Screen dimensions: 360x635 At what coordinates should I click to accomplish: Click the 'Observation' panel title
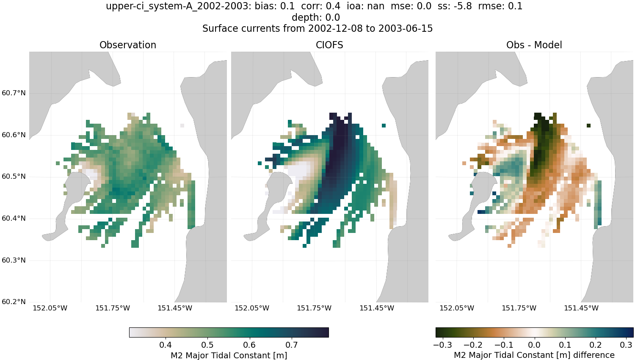point(128,45)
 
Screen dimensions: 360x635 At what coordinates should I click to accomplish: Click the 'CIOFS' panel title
point(329,45)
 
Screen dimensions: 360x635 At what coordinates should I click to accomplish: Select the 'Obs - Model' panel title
point(534,45)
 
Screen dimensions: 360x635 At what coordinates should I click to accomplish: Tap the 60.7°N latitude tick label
point(14,93)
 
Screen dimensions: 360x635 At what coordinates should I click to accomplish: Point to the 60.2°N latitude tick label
point(14,302)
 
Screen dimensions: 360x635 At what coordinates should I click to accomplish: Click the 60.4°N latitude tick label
point(14,218)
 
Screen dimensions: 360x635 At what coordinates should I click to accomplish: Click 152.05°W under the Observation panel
point(50,308)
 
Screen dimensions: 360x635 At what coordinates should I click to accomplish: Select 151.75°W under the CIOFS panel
point(314,308)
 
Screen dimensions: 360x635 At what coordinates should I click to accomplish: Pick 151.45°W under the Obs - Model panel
point(581,308)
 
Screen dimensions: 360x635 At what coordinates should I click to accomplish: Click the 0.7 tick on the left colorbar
point(292,345)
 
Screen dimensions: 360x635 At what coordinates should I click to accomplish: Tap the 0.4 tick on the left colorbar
point(166,345)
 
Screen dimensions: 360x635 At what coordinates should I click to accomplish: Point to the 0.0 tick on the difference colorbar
point(534,345)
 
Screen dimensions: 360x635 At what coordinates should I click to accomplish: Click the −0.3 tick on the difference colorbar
point(443,345)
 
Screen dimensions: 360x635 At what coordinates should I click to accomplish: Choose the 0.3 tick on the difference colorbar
point(626,345)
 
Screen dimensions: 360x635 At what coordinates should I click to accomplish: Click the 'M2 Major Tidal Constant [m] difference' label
point(534,355)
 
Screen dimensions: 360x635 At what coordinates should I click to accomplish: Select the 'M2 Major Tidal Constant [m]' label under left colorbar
point(229,355)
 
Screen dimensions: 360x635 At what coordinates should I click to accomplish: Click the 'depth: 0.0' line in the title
point(316,18)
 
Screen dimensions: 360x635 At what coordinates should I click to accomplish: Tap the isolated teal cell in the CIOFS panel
point(384,125)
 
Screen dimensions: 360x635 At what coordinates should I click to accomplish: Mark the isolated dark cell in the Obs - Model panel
point(588,125)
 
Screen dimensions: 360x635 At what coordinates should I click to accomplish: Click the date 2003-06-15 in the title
point(405,29)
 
